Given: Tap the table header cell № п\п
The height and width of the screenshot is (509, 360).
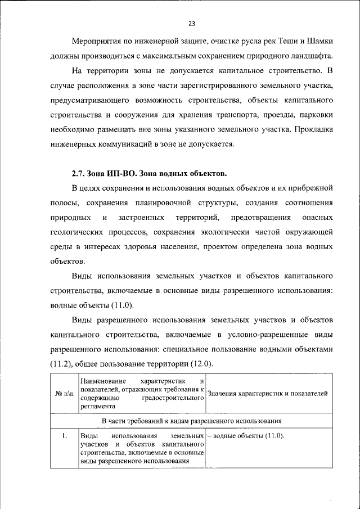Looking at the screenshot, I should tap(64, 393).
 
